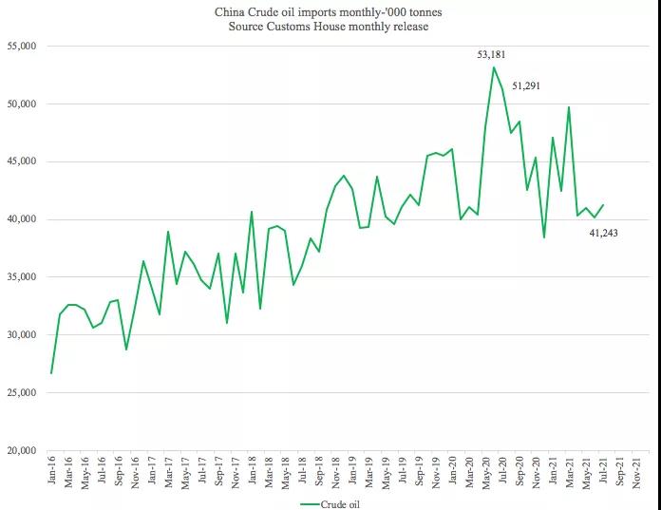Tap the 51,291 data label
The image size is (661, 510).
point(528,86)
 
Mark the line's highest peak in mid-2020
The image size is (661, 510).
point(494,67)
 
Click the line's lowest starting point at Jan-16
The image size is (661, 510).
point(51,372)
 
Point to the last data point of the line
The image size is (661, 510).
point(602,205)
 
